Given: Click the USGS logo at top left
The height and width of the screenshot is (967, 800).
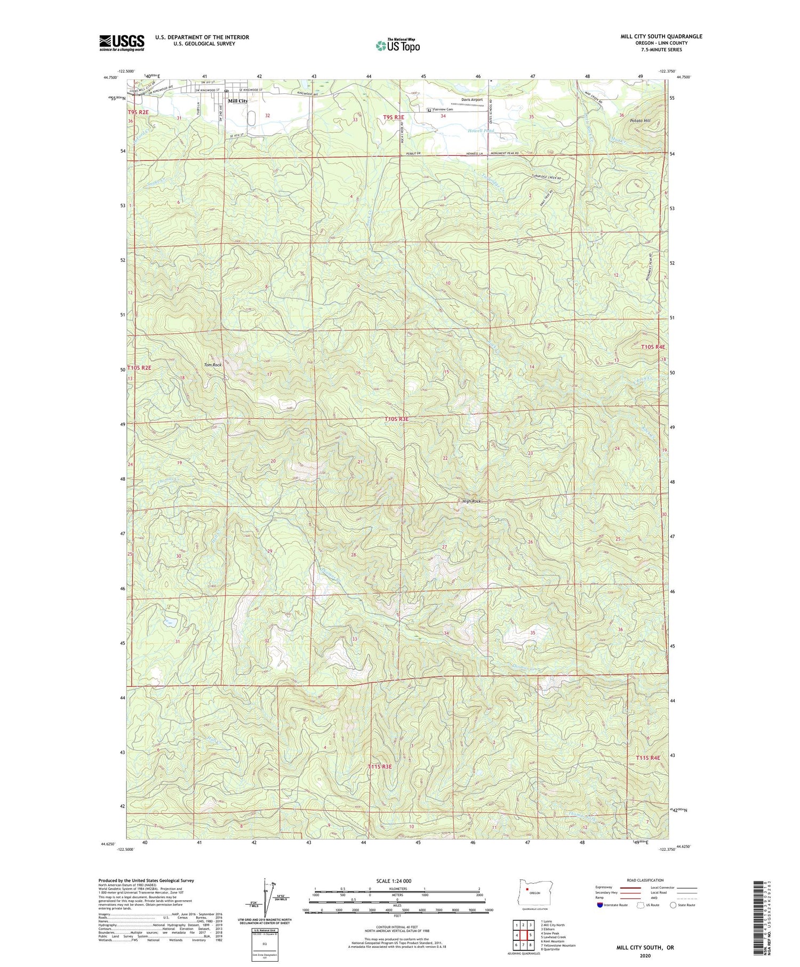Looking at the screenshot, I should [122, 43].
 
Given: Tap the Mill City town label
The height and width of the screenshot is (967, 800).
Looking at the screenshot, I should [237, 101].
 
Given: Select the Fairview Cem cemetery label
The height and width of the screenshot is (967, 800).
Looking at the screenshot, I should [443, 110].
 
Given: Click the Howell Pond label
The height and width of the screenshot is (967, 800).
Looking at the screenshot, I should [481, 131].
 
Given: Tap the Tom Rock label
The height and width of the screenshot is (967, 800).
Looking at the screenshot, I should [212, 365].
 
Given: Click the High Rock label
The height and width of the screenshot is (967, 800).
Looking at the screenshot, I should [471, 501].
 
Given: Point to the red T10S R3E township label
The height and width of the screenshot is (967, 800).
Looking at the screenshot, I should [396, 419].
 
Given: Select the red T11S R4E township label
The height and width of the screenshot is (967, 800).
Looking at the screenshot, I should [647, 758].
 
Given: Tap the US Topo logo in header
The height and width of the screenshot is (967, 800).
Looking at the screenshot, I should [397, 46].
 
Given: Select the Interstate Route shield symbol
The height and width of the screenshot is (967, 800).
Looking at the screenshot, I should [600, 905].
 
